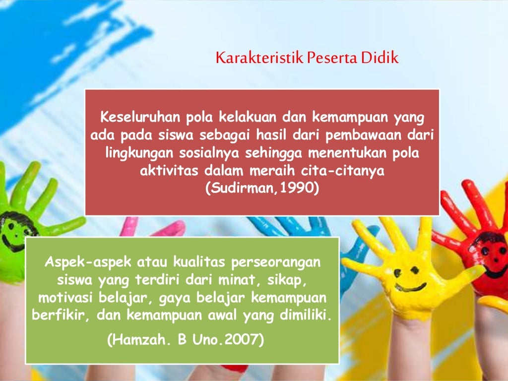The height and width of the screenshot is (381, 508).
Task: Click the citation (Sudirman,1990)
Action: (x=261, y=189)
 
